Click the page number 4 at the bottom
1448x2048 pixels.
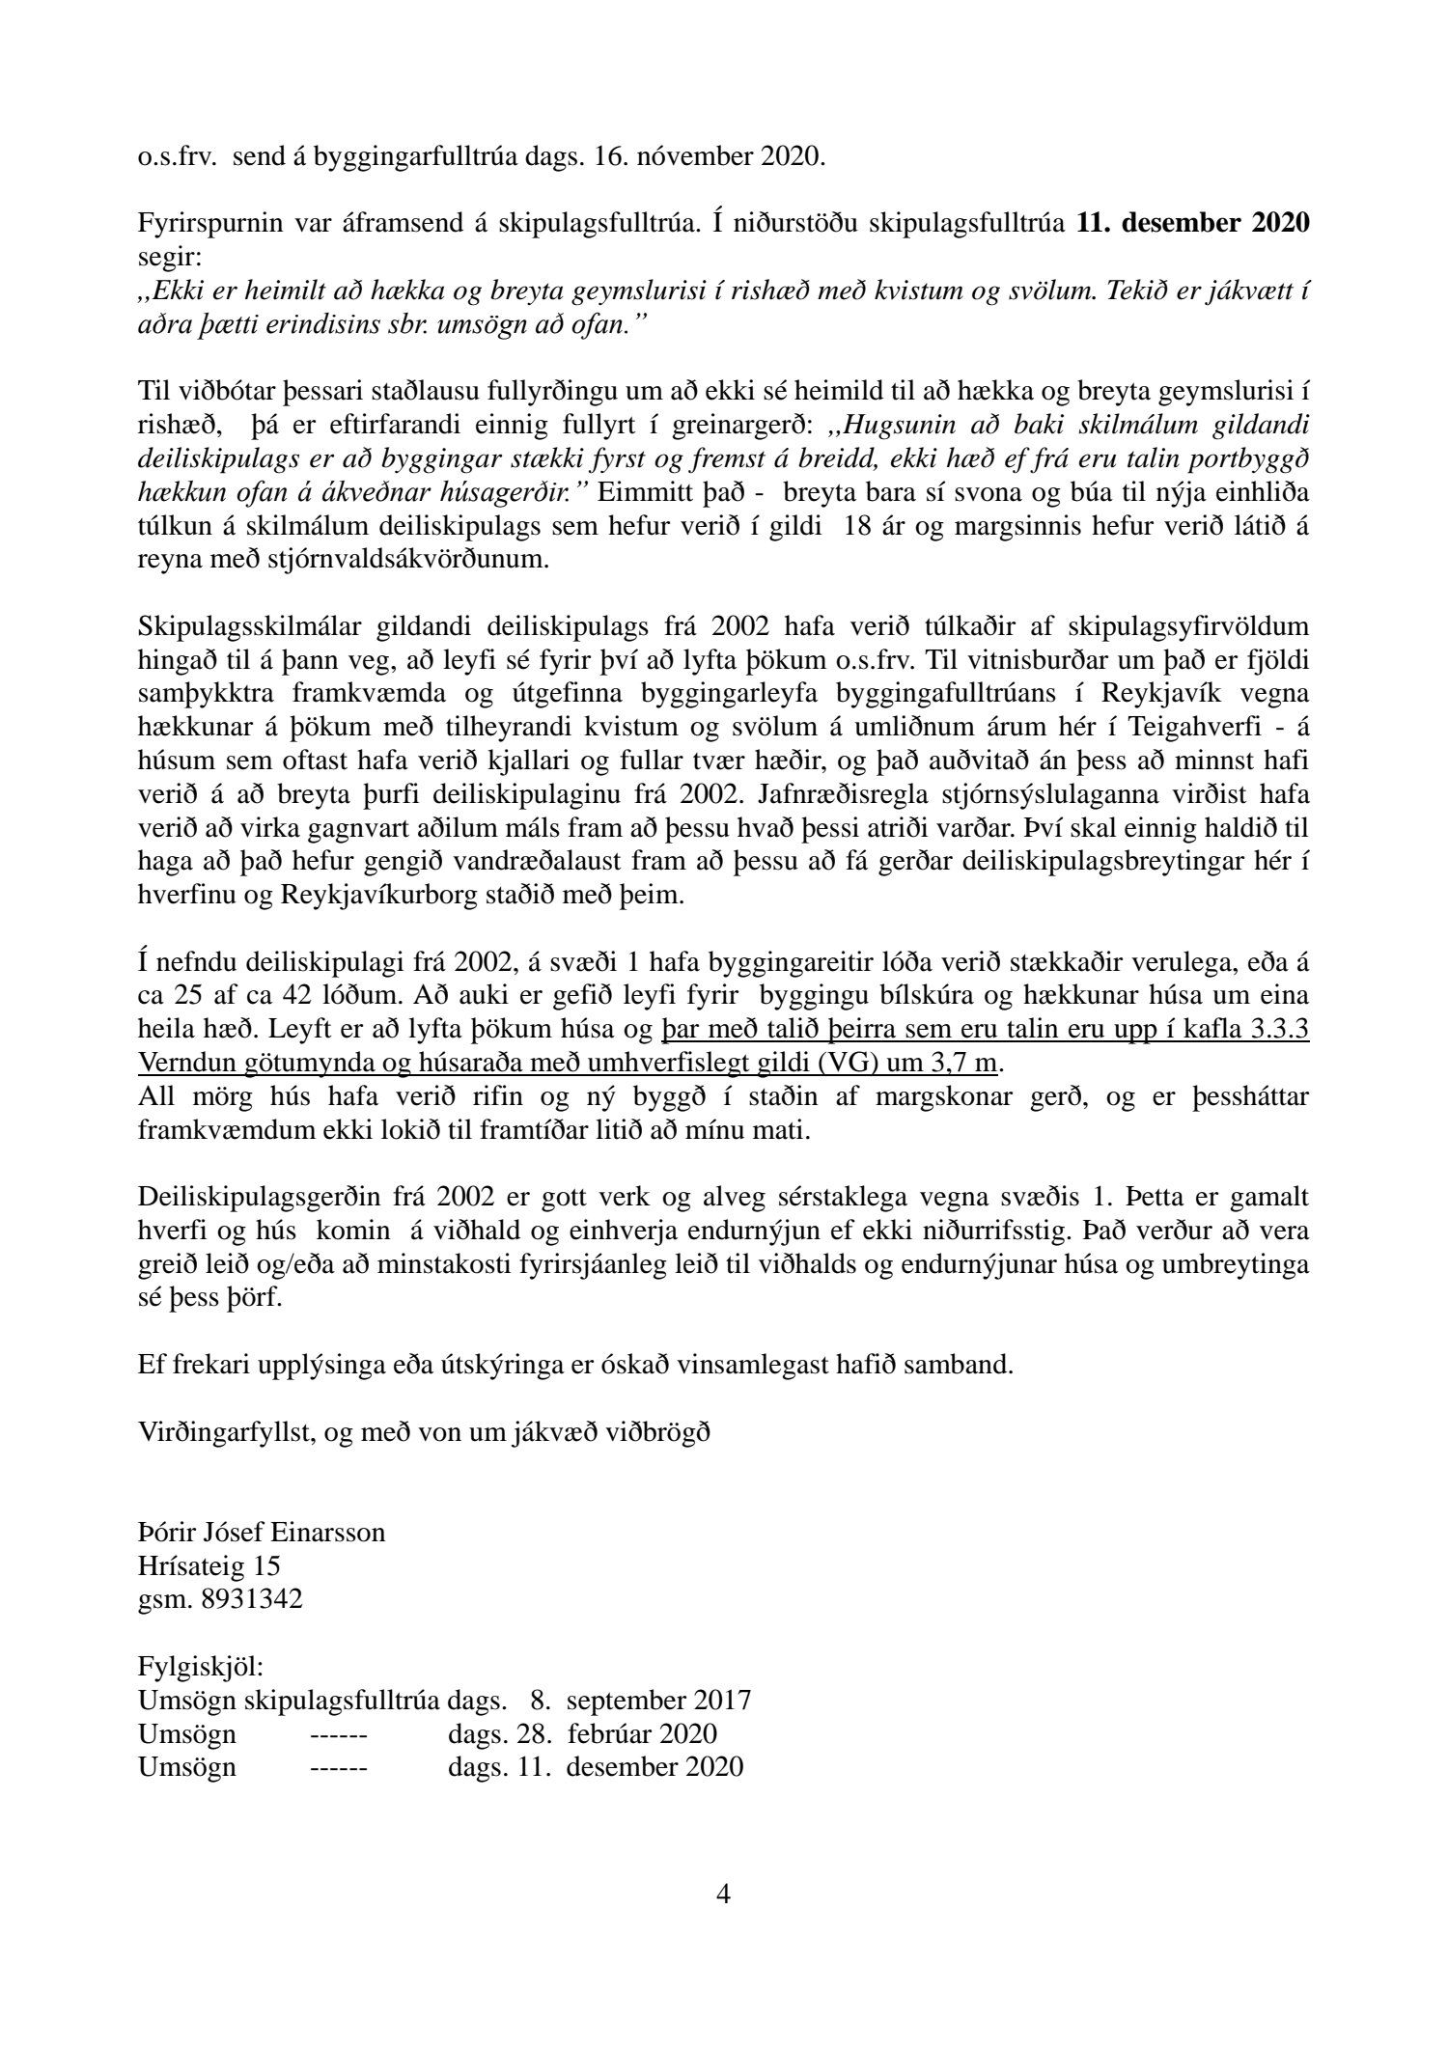click(x=724, y=1895)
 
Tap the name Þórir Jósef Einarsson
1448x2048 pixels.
click(x=262, y=1532)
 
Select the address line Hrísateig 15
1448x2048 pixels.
click(x=209, y=1565)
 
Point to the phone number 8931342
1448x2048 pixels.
click(x=252, y=1599)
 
